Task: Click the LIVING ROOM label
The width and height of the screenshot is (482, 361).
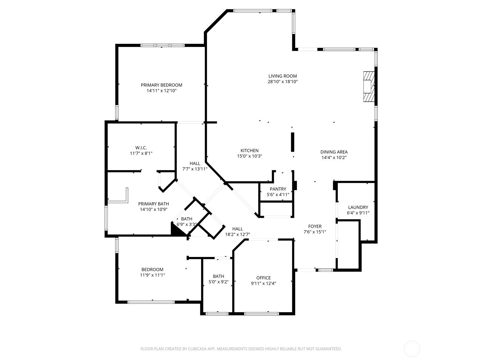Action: pos(282,76)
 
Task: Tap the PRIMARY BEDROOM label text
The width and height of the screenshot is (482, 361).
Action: pos(161,85)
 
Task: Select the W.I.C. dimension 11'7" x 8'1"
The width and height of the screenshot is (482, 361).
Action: pos(141,153)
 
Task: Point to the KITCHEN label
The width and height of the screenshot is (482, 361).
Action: pos(249,151)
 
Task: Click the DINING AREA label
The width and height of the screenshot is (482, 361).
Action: pos(334,152)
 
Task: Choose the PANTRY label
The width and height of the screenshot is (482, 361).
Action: pos(278,189)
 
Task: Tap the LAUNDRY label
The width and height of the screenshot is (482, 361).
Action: pos(358,207)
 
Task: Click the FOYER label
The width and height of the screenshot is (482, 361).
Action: pos(315,226)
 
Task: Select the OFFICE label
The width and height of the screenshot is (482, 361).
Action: pos(263,278)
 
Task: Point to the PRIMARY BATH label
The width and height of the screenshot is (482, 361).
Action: pos(154,204)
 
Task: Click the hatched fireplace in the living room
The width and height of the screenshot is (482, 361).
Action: pos(369,87)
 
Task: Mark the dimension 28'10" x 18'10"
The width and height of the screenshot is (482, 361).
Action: pos(282,82)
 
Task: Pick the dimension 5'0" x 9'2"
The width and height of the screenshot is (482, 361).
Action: pos(218,282)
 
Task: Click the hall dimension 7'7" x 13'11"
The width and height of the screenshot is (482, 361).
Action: pos(195,169)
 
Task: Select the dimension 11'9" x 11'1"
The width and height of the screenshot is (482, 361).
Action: pos(152,275)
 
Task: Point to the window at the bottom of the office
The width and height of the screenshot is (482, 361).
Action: pos(261,314)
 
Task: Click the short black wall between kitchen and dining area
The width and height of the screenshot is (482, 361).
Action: pos(293,142)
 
